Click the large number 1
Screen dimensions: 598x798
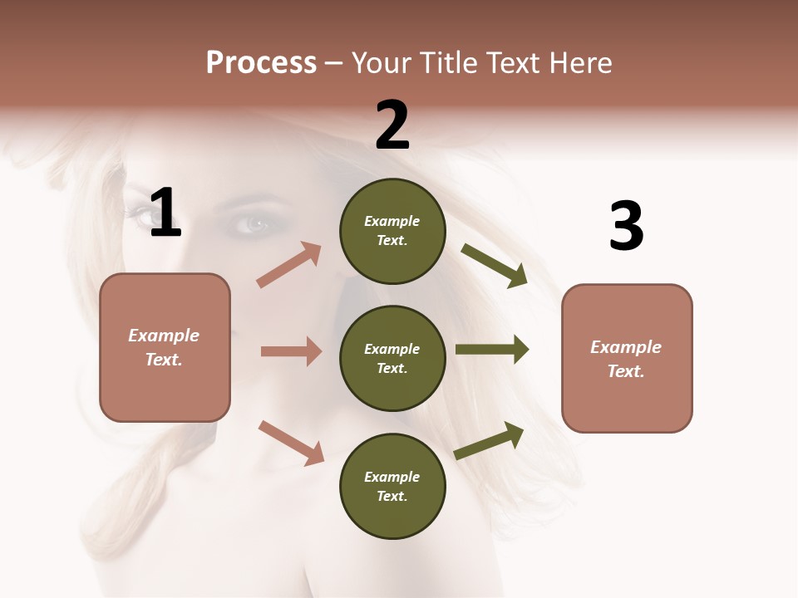[x=165, y=213]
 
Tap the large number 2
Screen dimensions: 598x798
[x=392, y=125]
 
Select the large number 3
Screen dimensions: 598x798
[x=626, y=226]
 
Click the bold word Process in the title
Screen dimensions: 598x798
[x=261, y=62]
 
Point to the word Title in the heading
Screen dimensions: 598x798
[x=447, y=62]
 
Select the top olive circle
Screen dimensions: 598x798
[x=392, y=231]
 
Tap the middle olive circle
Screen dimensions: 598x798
[x=392, y=358]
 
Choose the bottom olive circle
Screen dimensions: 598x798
[x=392, y=486]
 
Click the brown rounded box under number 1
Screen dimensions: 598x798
[x=165, y=347]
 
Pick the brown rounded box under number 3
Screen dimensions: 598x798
[x=627, y=358]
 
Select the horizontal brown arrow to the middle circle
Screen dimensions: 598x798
[x=291, y=351]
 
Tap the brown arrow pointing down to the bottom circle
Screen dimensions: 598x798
[x=291, y=442]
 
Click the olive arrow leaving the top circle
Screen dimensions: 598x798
[x=495, y=265]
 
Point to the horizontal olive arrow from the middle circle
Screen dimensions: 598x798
[x=492, y=350]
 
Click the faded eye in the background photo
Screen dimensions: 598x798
[x=254, y=223]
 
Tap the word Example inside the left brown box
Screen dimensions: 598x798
[x=164, y=336]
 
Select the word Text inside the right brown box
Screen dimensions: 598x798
[x=625, y=371]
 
